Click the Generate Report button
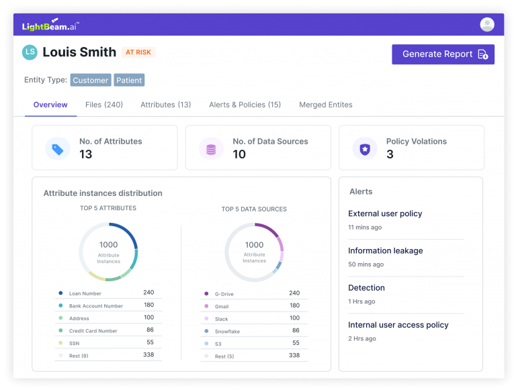[x=443, y=54]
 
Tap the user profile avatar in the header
[x=487, y=25]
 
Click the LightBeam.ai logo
[x=50, y=25]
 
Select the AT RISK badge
[x=138, y=52]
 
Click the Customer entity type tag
[x=91, y=81]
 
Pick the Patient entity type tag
[x=129, y=81]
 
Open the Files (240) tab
[x=104, y=105]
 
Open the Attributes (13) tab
[x=165, y=105]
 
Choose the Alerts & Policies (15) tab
[x=245, y=105]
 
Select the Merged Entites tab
[x=325, y=105]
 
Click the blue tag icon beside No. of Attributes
[x=58, y=149]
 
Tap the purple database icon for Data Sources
[x=211, y=149]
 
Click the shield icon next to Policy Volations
[x=365, y=149]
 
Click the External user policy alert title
[x=385, y=213]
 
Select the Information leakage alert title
[x=386, y=250]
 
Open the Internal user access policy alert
[x=398, y=325]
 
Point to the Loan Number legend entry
[x=85, y=293]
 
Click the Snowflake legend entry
[x=227, y=332]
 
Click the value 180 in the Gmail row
[x=294, y=305]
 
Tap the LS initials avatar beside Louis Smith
[x=30, y=52]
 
